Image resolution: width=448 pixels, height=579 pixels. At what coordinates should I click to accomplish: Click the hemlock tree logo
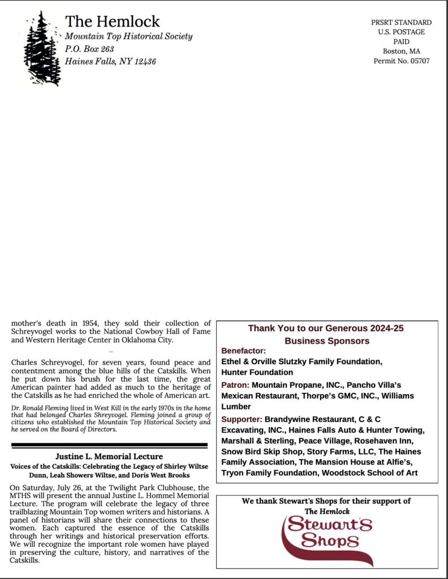(42, 49)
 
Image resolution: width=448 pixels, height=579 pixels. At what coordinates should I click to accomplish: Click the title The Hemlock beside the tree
(112, 22)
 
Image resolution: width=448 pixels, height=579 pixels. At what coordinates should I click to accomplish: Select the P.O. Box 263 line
(89, 49)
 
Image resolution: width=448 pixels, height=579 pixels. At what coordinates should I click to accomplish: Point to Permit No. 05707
(401, 61)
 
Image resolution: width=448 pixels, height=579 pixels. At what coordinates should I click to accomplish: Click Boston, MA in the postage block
(401, 51)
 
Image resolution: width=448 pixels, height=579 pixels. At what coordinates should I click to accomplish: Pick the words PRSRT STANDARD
(401, 23)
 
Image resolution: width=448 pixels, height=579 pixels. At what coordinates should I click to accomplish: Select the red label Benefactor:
(243, 351)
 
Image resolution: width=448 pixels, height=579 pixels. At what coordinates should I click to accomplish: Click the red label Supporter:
(242, 419)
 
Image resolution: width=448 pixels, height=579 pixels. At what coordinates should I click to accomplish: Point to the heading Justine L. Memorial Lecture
(109, 456)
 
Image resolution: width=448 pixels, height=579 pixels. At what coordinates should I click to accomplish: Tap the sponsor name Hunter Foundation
(257, 372)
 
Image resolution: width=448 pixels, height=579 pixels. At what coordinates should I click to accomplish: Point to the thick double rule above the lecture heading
(110, 446)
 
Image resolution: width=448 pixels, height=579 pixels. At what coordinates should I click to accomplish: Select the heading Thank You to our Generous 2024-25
(326, 328)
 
